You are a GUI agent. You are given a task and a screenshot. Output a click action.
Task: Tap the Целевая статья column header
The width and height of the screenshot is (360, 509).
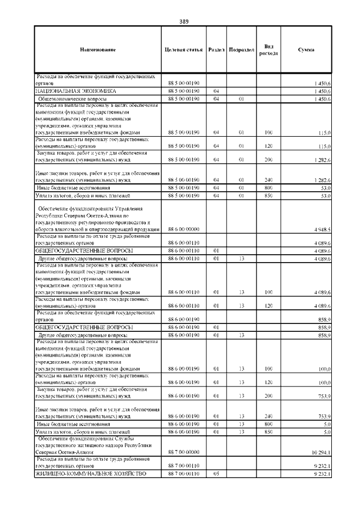pos(183,50)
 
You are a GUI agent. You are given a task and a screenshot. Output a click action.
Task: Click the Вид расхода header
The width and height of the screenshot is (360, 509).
pos(268,50)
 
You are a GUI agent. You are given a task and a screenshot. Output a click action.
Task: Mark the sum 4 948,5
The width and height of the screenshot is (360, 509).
pos(322,229)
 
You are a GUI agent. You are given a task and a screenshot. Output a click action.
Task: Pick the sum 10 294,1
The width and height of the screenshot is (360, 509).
pos(321,452)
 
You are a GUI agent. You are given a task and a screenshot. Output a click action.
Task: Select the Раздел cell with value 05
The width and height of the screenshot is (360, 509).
pos(215,474)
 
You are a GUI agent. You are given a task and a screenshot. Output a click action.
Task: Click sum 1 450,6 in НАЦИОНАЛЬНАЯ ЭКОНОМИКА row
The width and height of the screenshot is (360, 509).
pos(322,91)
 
